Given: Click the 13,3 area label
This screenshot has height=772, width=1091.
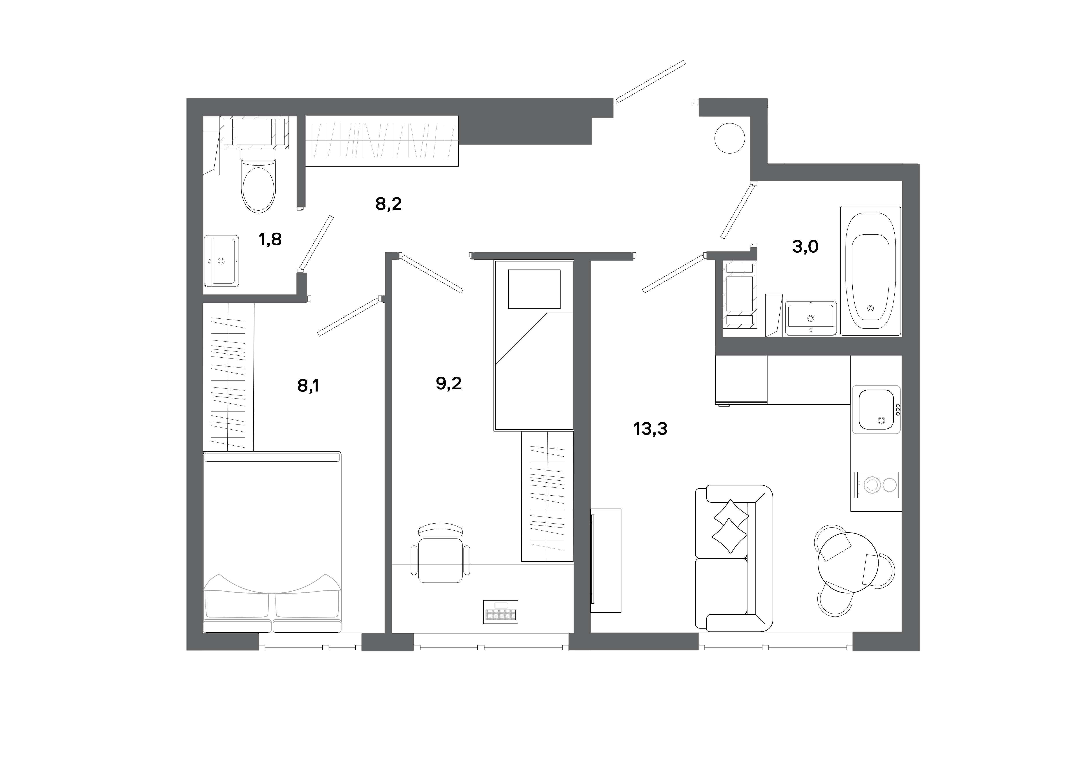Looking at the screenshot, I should coord(650,429).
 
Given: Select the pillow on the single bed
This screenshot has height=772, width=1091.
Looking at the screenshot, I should coord(534,289).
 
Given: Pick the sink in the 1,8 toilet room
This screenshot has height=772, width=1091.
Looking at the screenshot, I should coord(221,261).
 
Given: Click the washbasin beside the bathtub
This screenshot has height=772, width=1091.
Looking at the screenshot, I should coord(810,318).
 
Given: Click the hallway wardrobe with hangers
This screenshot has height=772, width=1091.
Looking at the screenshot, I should coord(382,141).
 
